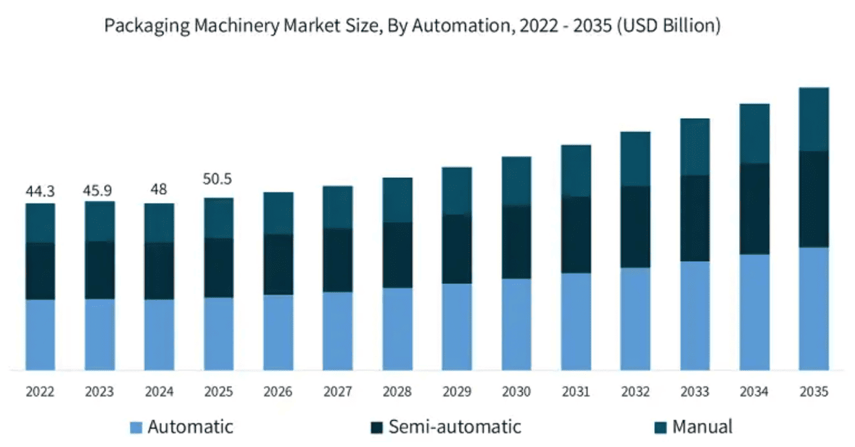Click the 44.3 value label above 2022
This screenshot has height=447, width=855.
pyautogui.click(x=40, y=192)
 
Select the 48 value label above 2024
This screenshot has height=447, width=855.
pyautogui.click(x=158, y=189)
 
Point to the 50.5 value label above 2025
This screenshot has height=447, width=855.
pyautogui.click(x=218, y=179)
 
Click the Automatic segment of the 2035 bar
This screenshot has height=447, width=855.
pyautogui.click(x=813, y=308)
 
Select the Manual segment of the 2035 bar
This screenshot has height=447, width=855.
pyautogui.click(x=813, y=119)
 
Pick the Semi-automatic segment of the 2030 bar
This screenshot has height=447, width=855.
pyautogui.click(x=517, y=242)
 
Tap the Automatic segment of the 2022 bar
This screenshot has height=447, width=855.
pyautogui.click(x=40, y=334)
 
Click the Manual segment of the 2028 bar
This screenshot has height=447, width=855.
pyautogui.click(x=397, y=200)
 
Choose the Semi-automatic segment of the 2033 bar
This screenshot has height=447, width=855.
pyautogui.click(x=695, y=218)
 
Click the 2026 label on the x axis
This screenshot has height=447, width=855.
pyautogui.click(x=278, y=392)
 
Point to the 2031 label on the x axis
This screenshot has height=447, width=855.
pyautogui.click(x=576, y=392)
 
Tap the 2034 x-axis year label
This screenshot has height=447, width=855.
pyautogui.click(x=754, y=392)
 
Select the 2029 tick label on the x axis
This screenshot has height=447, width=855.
pyautogui.click(x=456, y=392)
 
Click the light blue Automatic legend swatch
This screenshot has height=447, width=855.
pyautogui.click(x=136, y=427)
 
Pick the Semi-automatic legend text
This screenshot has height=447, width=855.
pyautogui.click(x=454, y=426)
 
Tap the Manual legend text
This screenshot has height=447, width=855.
pyautogui.click(x=703, y=426)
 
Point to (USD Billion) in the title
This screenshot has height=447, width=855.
pyautogui.click(x=669, y=27)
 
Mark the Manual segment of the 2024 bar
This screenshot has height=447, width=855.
pyautogui.click(x=158, y=222)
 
